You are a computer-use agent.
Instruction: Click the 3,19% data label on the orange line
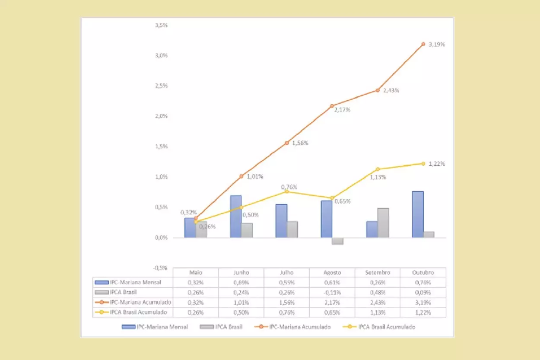pos(437,45)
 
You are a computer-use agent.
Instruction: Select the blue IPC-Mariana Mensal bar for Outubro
pos(418,214)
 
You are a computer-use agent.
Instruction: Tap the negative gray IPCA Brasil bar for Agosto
pos(337,241)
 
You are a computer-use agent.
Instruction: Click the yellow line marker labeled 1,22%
pos(423,163)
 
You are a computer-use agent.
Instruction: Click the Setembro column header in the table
pos(377,273)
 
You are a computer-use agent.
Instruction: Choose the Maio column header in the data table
pos(196,273)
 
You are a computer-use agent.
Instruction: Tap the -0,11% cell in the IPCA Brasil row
pos(332,293)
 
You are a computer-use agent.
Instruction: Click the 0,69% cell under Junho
pos(241,283)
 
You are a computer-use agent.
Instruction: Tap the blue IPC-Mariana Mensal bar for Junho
pos(236,217)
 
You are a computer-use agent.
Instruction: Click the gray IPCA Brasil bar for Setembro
pos(383,223)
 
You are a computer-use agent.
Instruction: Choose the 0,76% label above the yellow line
pos(289,187)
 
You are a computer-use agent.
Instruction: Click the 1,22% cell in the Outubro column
pos(423,312)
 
